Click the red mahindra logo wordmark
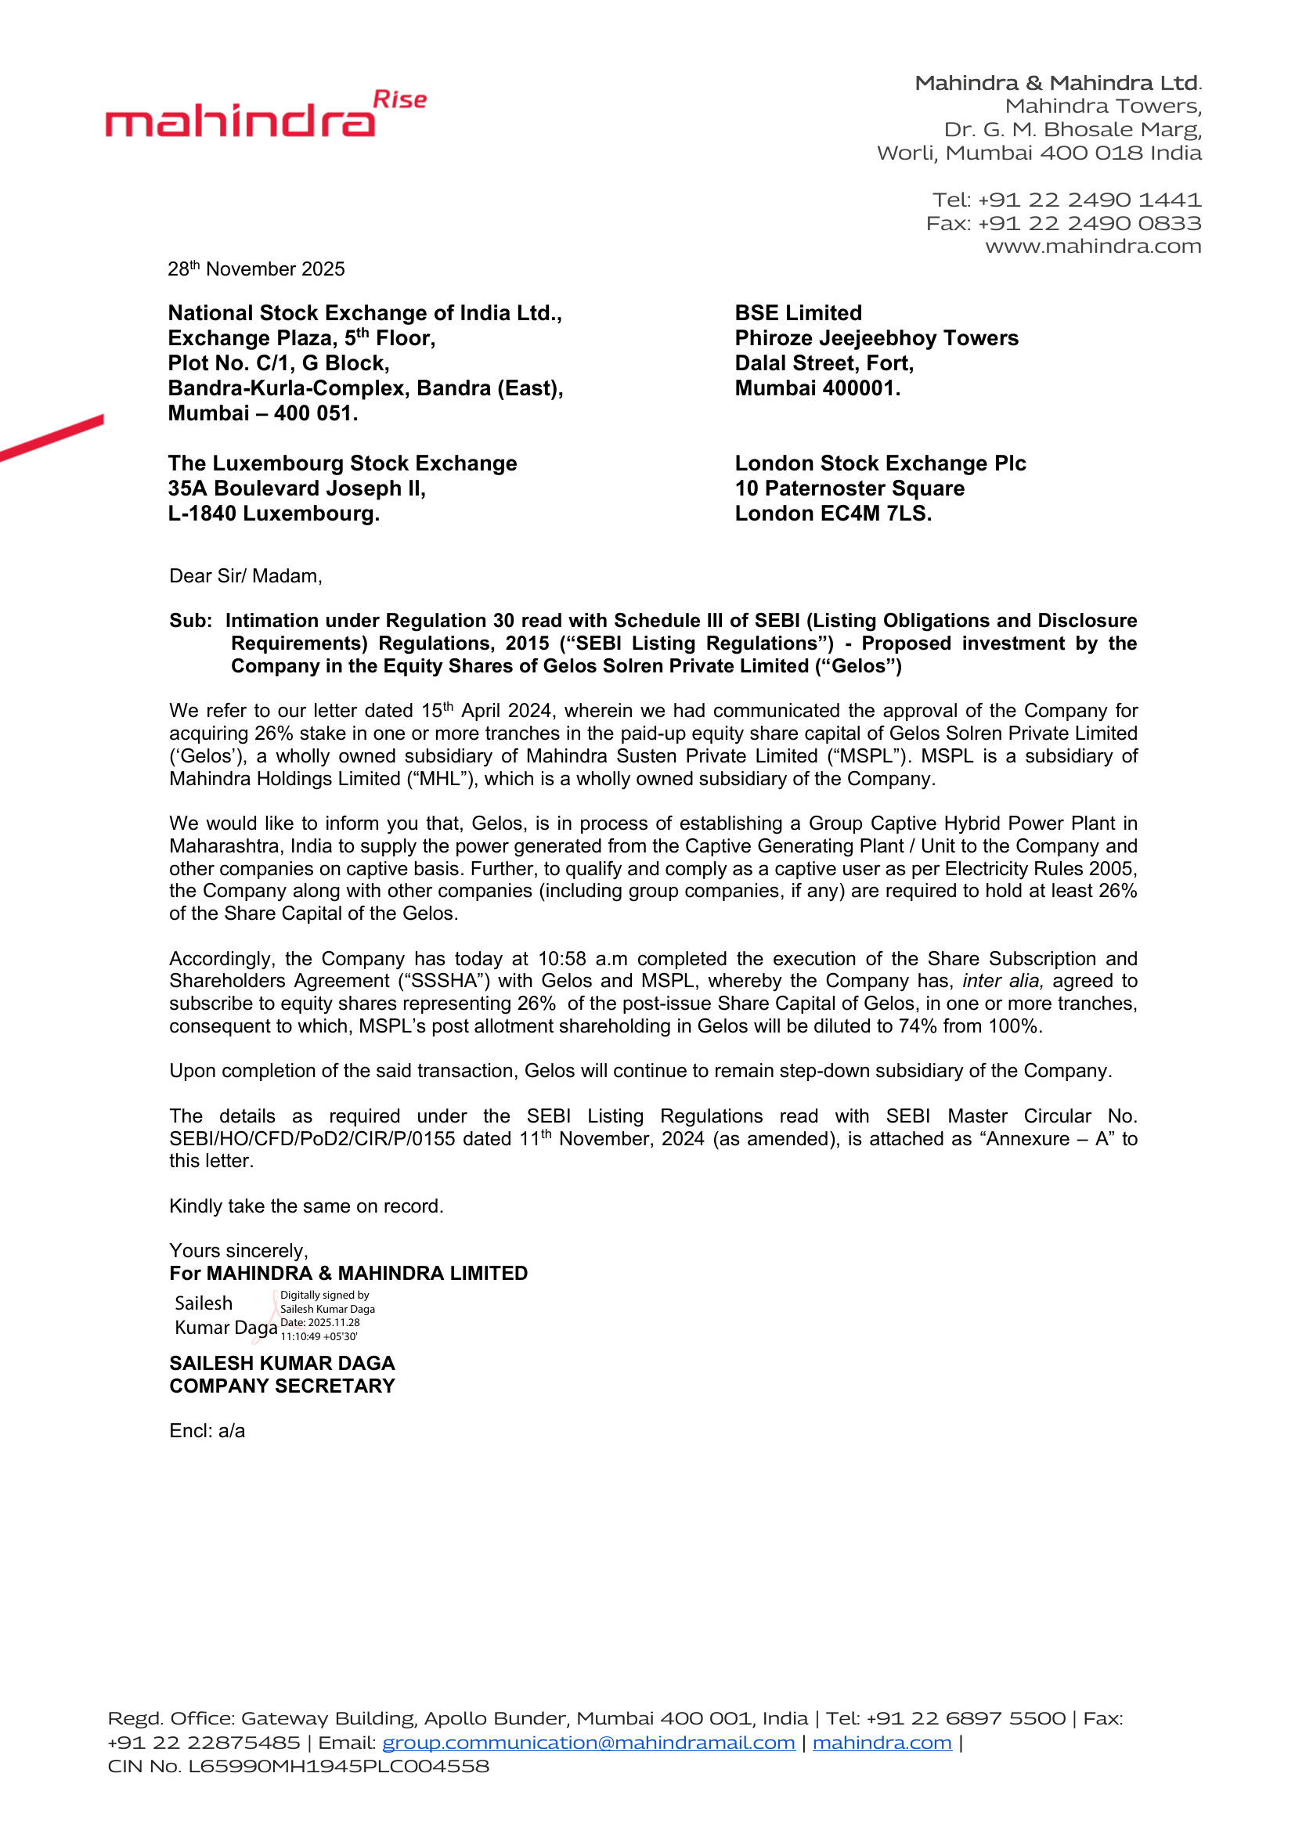point(240,121)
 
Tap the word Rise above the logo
point(399,100)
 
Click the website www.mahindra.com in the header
point(1092,247)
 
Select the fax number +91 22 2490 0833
point(1089,223)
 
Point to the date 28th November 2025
point(256,269)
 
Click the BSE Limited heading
point(798,312)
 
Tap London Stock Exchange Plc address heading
point(880,463)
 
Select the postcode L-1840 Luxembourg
point(273,514)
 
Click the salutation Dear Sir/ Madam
point(246,576)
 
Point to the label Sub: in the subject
point(190,621)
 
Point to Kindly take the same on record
point(306,1206)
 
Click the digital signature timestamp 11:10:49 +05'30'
point(319,1337)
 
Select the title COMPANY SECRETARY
point(283,1386)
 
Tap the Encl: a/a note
point(207,1431)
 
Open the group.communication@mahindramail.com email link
point(589,1743)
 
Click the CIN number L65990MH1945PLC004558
point(338,1766)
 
